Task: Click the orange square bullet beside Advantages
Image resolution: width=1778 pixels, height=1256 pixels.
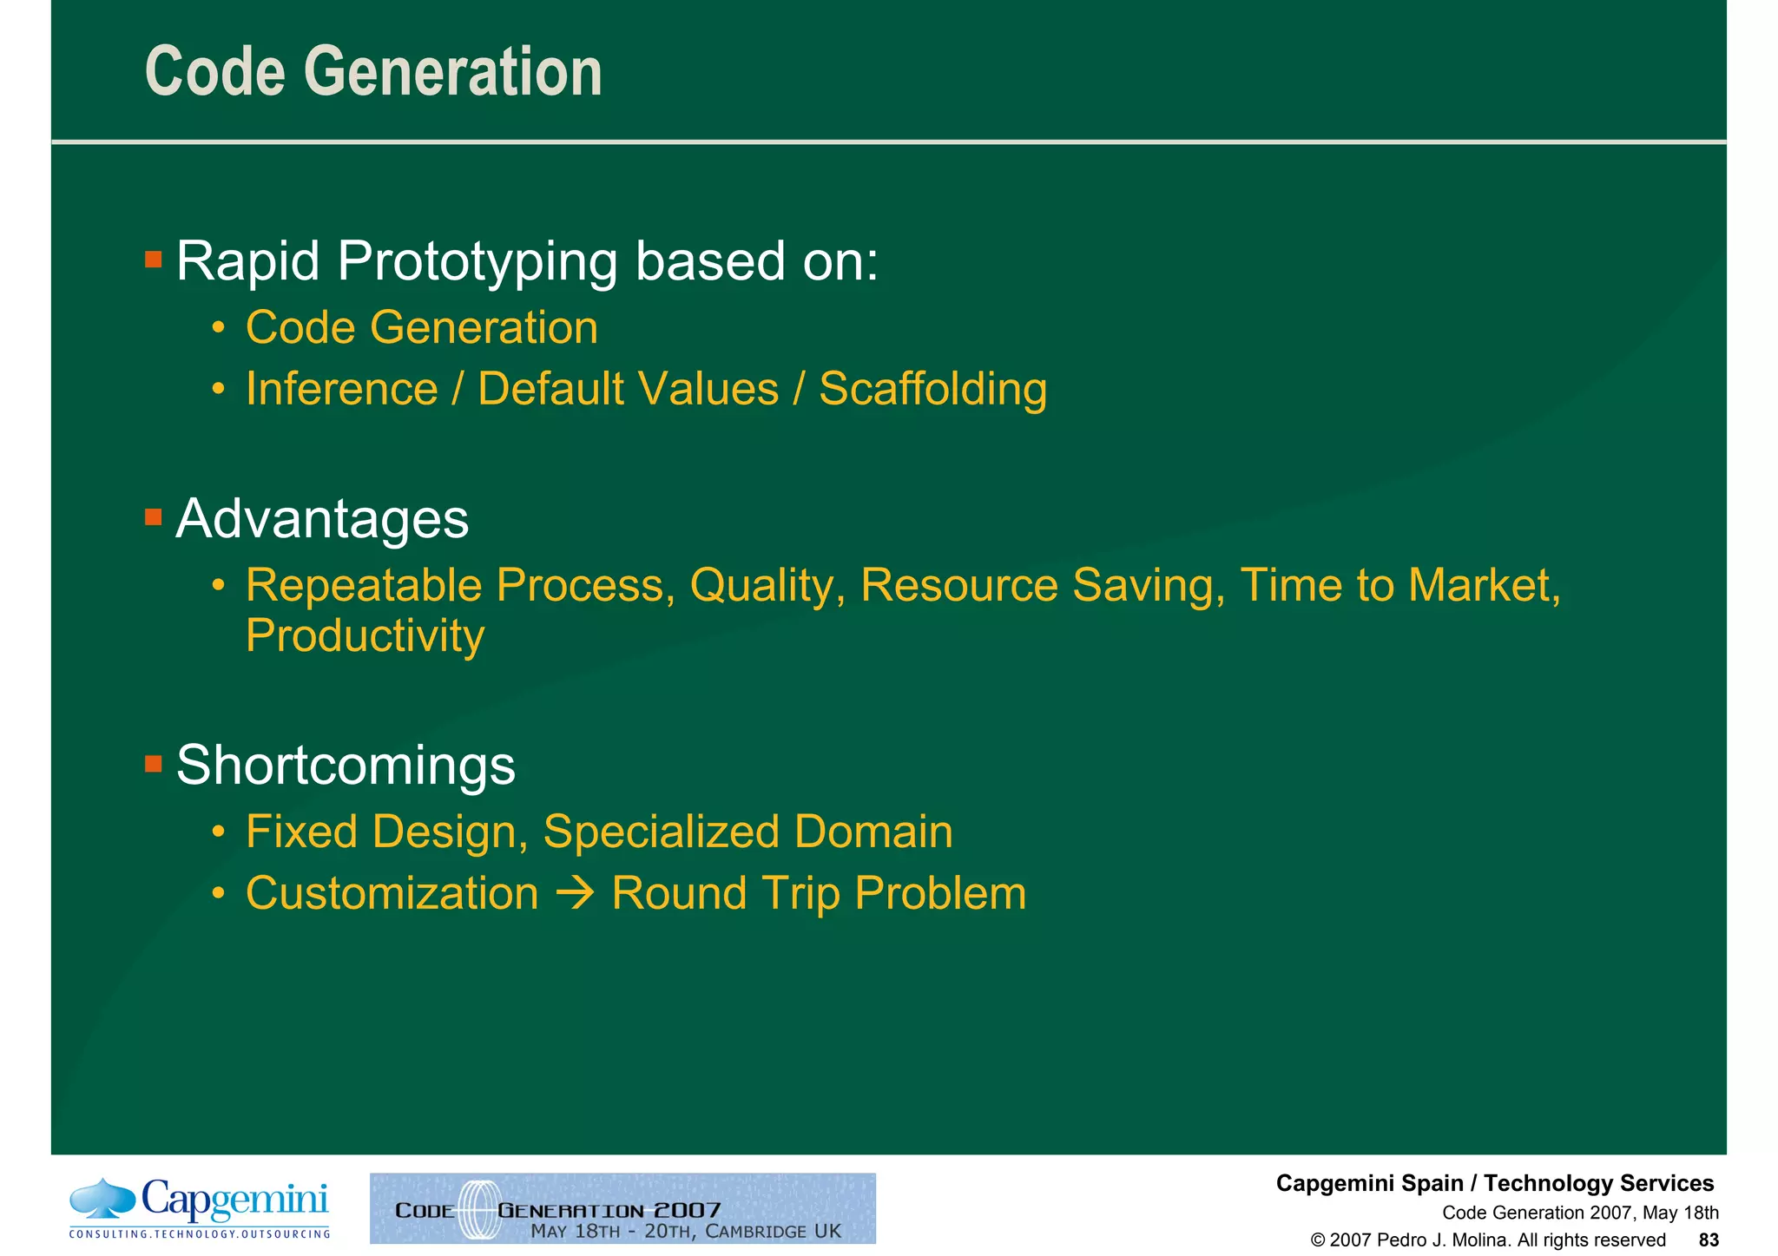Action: point(154,518)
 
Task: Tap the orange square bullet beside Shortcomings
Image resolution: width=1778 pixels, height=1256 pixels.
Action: point(154,764)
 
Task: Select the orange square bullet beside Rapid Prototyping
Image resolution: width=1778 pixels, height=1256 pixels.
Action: point(154,259)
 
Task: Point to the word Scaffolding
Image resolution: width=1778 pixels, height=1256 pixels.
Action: point(932,388)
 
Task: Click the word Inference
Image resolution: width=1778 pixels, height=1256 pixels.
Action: point(341,388)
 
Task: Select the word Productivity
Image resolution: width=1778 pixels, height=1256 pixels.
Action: point(365,635)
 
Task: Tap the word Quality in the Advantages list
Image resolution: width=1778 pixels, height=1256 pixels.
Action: point(767,585)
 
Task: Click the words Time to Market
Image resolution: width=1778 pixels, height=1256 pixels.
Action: point(1398,585)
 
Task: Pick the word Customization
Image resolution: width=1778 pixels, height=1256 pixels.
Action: point(392,893)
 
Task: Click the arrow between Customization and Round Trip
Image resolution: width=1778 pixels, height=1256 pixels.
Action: point(575,893)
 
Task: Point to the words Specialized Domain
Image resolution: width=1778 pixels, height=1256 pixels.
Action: point(747,832)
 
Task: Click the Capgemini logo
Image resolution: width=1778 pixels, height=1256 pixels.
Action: point(200,1207)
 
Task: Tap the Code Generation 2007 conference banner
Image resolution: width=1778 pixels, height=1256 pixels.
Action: point(622,1208)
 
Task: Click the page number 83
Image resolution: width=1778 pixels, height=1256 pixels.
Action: point(1708,1240)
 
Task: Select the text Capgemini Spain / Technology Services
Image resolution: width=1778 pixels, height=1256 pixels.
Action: point(1494,1183)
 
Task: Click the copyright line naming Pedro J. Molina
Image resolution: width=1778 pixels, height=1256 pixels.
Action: point(1487,1240)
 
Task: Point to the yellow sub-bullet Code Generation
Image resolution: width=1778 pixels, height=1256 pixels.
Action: point(421,327)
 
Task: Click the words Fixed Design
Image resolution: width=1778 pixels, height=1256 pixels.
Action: point(386,832)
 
